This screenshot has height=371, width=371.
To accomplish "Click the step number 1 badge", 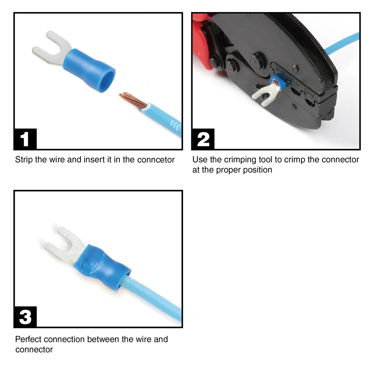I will click(x=25, y=139).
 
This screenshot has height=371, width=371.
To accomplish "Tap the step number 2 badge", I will click(x=203, y=139).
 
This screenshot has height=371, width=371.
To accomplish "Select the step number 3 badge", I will click(x=25, y=317).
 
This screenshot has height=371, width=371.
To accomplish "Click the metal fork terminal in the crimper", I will click(x=262, y=96).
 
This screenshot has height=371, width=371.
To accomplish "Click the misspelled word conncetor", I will click(x=156, y=160).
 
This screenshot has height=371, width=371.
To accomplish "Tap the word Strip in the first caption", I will click(x=24, y=160).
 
